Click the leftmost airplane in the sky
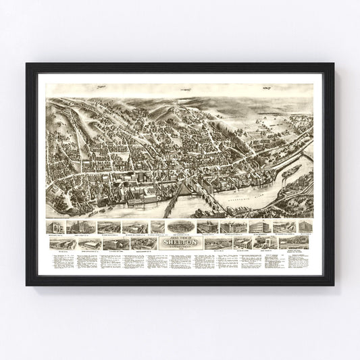point(101,88)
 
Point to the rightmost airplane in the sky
point(266,87)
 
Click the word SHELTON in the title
point(179,241)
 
